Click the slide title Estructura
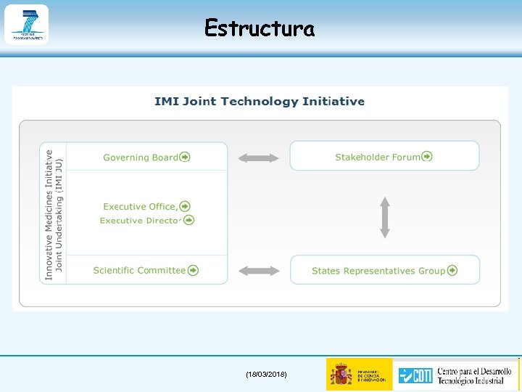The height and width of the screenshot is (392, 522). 260,28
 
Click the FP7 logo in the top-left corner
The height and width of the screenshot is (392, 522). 26,24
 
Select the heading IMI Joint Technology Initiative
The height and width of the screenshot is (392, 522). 260,102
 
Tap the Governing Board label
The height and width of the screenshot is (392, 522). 141,157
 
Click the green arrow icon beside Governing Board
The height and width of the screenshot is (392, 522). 186,157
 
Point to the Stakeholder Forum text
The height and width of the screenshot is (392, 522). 377,157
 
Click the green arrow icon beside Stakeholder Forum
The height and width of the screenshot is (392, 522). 427,157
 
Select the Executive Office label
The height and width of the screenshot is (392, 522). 140,207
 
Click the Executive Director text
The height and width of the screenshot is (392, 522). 140,221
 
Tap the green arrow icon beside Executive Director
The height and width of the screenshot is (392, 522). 188,220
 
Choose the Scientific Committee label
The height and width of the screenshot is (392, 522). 139,270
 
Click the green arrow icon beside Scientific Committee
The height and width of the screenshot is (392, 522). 193,270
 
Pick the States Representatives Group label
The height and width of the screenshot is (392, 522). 378,271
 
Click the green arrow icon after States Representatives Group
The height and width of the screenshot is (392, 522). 452,271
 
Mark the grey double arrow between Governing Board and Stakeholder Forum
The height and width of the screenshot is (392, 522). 259,158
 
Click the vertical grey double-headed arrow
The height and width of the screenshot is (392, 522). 385,218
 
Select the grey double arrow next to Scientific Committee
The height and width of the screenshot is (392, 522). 259,271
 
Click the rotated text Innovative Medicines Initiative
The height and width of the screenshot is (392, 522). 49,214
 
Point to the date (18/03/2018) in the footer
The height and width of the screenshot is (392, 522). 266,374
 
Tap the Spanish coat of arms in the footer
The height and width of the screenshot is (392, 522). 341,375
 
